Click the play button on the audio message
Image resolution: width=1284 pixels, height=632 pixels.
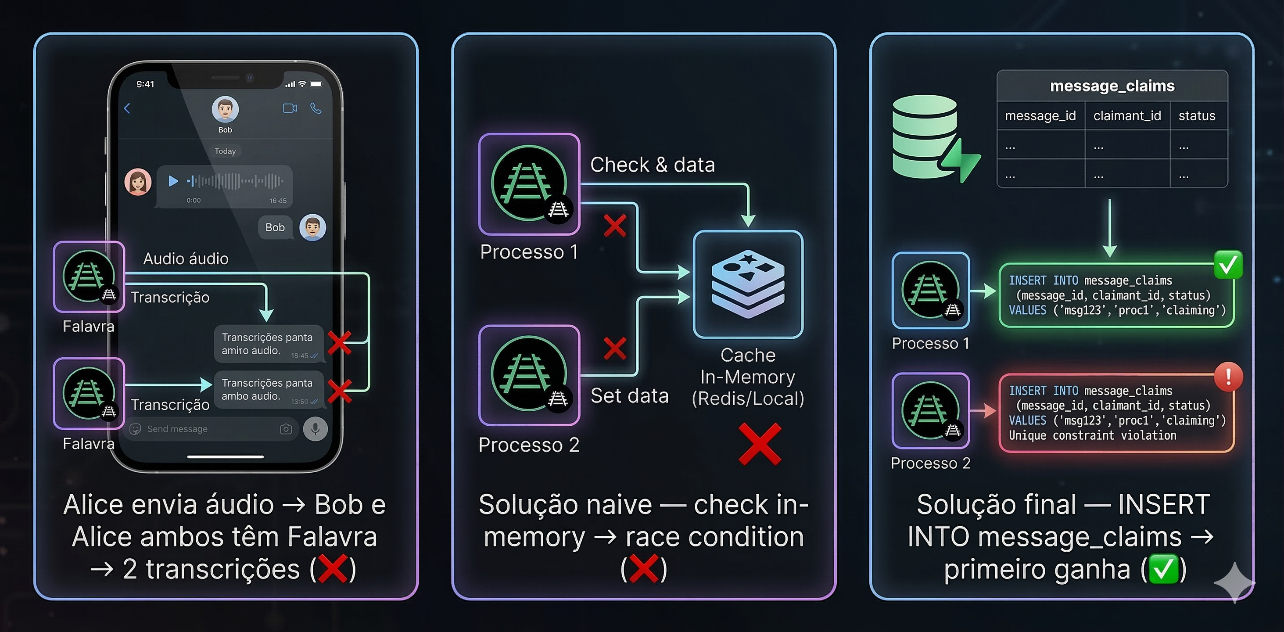(x=173, y=181)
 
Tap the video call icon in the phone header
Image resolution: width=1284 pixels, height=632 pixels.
(x=290, y=108)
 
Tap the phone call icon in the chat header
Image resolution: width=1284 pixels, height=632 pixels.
(x=316, y=108)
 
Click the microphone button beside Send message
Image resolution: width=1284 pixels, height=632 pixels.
(x=316, y=429)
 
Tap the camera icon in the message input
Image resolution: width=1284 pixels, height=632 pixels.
(x=286, y=429)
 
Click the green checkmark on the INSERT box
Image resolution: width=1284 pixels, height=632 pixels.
(x=1228, y=265)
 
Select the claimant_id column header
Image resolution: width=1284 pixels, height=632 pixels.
(x=1127, y=115)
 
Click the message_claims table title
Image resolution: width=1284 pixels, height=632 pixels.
(x=1112, y=86)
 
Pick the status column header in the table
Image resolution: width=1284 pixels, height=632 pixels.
(x=1197, y=115)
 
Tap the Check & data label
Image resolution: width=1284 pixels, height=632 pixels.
(x=653, y=165)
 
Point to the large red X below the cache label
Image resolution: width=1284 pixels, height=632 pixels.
(x=760, y=444)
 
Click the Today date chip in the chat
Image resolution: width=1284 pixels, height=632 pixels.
(x=225, y=151)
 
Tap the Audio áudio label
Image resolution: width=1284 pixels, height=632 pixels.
(x=186, y=259)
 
